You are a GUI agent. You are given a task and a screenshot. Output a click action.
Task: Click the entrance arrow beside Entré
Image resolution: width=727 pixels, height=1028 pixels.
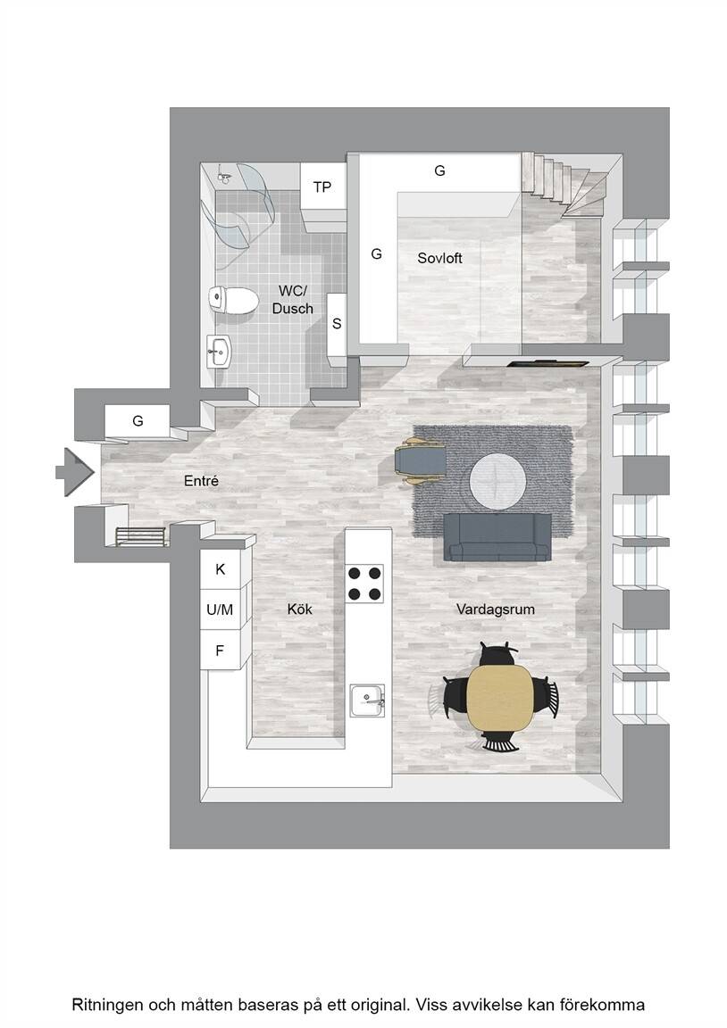tap(75, 471)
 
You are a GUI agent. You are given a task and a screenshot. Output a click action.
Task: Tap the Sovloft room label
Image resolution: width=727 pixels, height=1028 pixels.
tap(439, 258)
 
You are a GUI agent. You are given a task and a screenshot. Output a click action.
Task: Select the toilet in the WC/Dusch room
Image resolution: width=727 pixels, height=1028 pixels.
tap(233, 300)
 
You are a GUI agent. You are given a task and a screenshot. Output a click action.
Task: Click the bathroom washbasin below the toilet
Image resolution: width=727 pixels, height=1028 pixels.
tap(219, 352)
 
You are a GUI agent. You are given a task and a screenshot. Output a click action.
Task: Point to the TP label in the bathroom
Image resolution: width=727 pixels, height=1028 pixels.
tap(322, 187)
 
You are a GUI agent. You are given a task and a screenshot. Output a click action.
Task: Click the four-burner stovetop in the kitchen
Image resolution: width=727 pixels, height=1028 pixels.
tap(364, 583)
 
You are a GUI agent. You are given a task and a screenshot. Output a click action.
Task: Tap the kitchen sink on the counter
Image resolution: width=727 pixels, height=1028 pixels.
tap(367, 701)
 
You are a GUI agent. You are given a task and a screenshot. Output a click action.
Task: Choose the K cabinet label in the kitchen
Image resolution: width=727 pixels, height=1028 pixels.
tap(221, 569)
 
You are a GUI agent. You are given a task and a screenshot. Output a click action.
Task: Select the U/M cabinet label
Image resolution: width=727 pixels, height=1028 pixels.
tap(220, 609)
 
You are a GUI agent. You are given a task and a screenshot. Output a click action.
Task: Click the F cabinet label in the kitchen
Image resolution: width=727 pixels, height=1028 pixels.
tap(220, 651)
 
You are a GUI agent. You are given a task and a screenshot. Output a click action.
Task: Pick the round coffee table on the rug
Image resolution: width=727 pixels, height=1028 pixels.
tap(497, 481)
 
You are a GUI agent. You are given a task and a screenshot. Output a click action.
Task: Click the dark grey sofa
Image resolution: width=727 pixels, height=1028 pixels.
tap(497, 537)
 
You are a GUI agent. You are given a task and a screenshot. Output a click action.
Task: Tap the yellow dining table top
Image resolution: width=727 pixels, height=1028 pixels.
tap(499, 698)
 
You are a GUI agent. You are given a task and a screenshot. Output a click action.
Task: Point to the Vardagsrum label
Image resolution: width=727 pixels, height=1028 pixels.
tap(496, 609)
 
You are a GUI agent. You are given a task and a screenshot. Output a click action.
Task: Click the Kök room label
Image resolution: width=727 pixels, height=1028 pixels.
tap(300, 609)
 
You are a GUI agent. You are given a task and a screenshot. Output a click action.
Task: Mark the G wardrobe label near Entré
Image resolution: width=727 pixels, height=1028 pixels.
tap(138, 421)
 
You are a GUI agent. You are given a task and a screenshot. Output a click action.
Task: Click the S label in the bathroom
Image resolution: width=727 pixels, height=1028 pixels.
tap(337, 324)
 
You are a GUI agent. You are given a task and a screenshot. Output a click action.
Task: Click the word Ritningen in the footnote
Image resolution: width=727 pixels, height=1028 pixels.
tap(107, 1005)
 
